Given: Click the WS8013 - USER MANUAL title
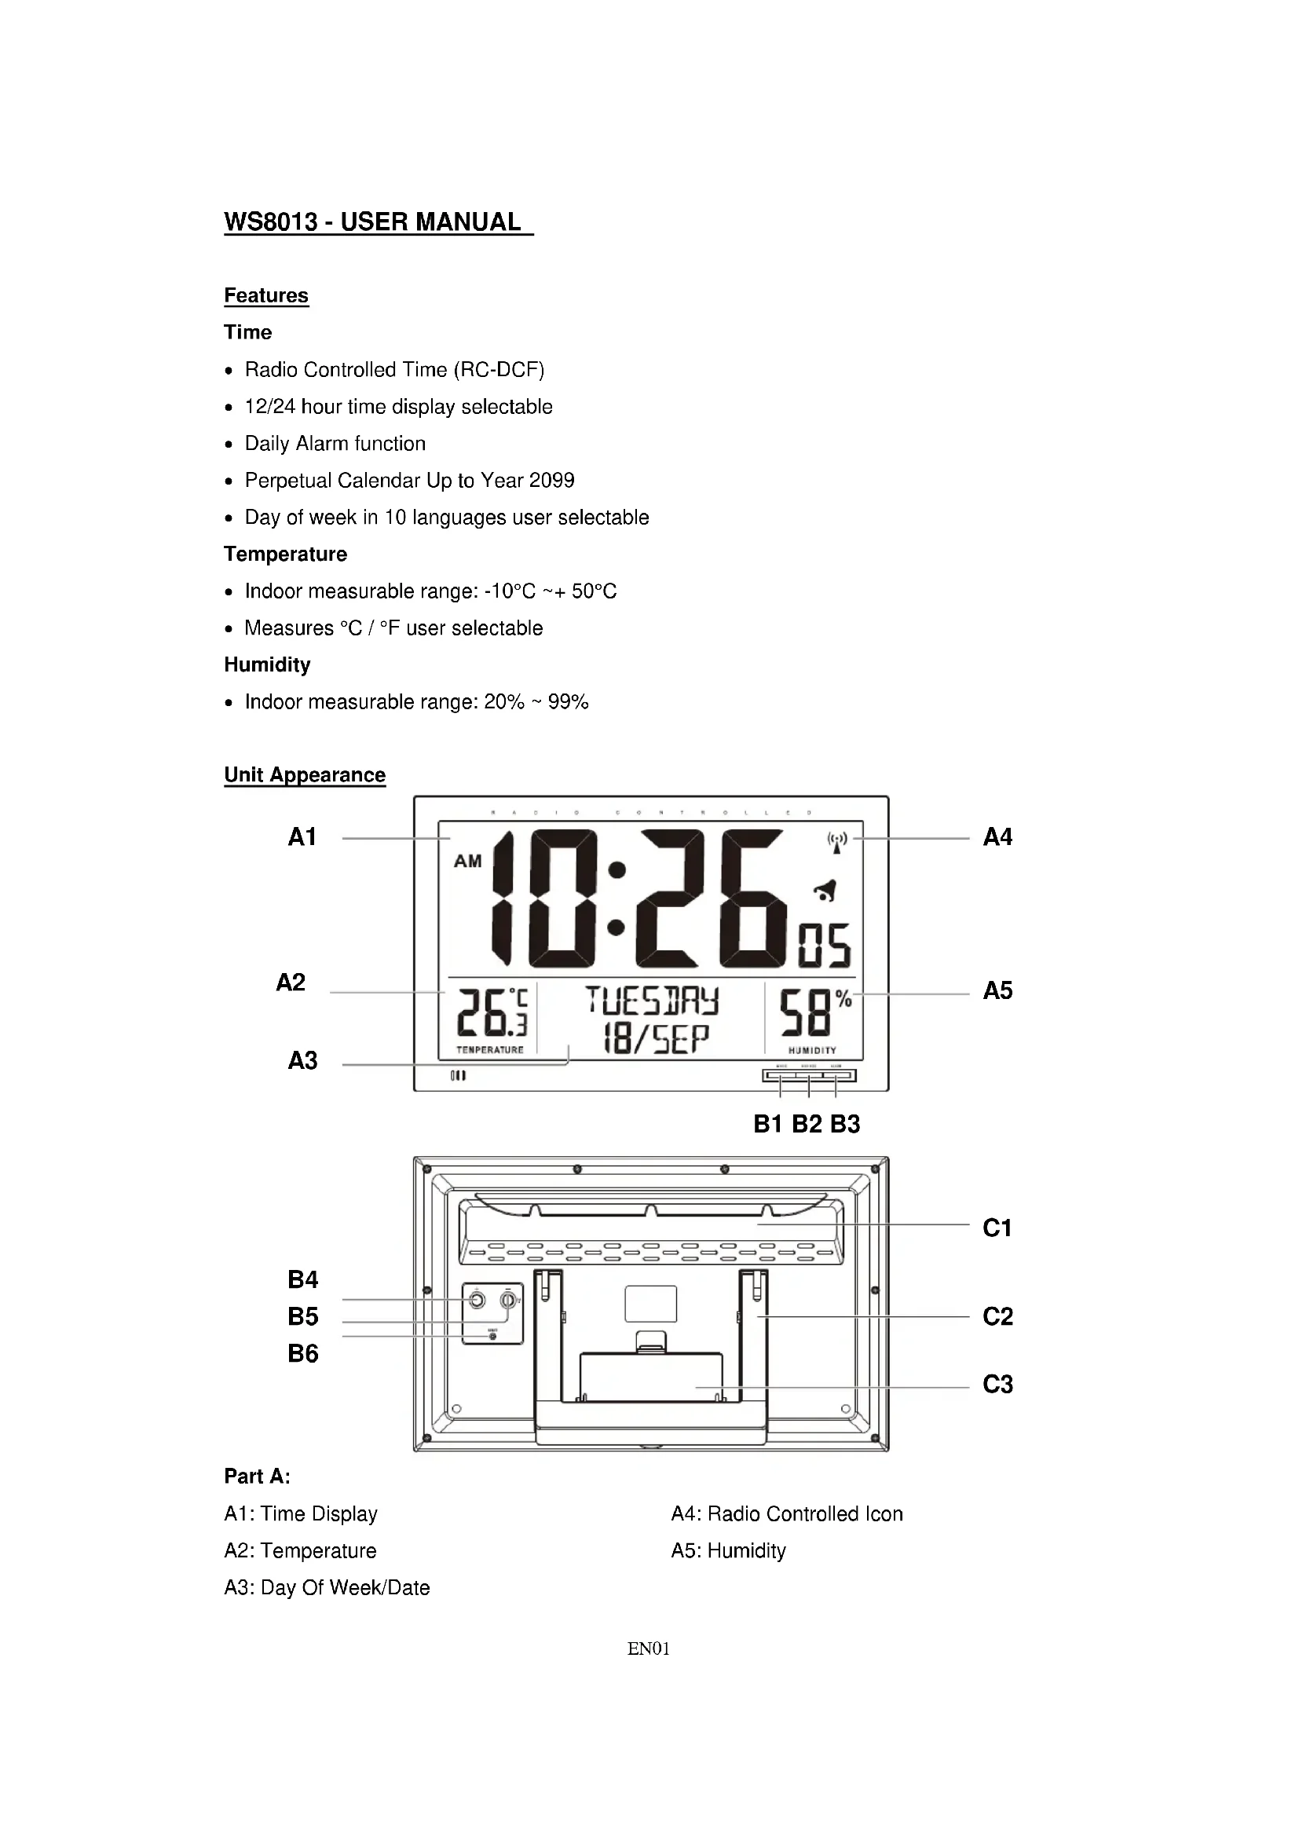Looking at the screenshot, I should (378, 221).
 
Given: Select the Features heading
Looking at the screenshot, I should (265, 295).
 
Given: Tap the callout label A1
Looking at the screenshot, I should (302, 837).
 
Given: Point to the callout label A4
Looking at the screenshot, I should (997, 837).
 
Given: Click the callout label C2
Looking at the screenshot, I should (997, 1316).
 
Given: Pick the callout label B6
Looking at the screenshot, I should (303, 1353).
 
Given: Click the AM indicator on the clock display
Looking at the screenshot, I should (468, 862).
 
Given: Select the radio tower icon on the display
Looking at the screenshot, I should (836, 843).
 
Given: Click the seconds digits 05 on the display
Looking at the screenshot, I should (825, 945).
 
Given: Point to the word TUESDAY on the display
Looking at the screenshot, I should (652, 1001).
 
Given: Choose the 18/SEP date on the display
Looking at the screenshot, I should (656, 1038).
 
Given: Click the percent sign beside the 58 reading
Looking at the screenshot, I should (843, 998).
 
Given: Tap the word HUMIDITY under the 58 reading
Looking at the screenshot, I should (812, 1051).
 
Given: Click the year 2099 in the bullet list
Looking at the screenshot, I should (551, 480).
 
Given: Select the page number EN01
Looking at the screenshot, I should (649, 1649).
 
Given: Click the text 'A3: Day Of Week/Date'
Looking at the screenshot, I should (327, 1587).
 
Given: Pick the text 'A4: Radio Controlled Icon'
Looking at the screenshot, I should (787, 1513).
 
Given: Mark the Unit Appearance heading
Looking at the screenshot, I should (305, 774).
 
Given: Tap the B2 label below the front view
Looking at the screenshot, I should (807, 1124).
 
